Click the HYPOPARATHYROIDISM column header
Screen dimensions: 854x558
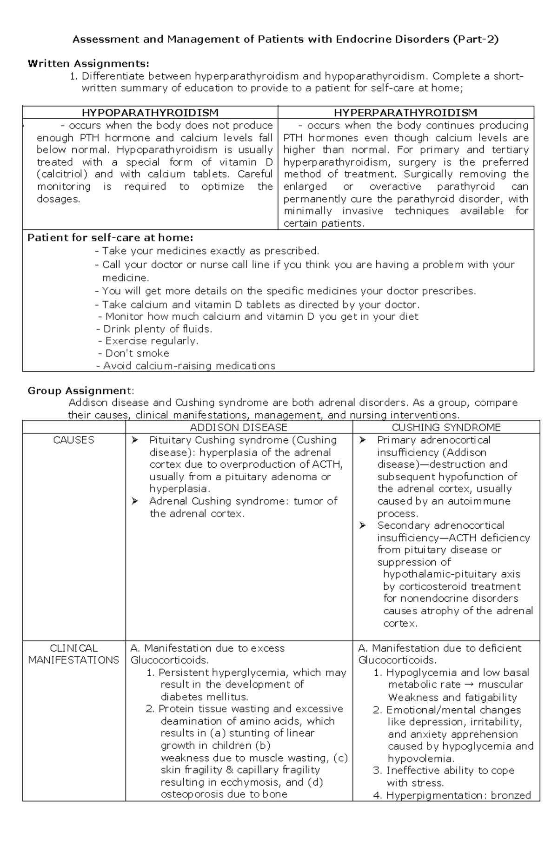(150, 113)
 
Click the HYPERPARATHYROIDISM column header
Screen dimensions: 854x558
(405, 113)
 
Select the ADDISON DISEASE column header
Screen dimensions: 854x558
(239, 427)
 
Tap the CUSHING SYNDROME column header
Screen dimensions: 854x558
(446, 427)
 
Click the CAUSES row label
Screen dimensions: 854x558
(73, 440)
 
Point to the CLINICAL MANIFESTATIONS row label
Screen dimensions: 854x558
(73, 654)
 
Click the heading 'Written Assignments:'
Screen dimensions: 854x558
(88, 64)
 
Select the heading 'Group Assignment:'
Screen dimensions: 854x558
(80, 390)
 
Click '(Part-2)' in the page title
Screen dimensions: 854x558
(475, 40)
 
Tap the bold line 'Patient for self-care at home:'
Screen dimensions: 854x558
(110, 238)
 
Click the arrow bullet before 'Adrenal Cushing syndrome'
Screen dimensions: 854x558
(135, 501)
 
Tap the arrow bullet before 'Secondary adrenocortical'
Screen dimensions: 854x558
(363, 525)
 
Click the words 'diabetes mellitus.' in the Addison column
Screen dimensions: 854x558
(205, 697)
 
